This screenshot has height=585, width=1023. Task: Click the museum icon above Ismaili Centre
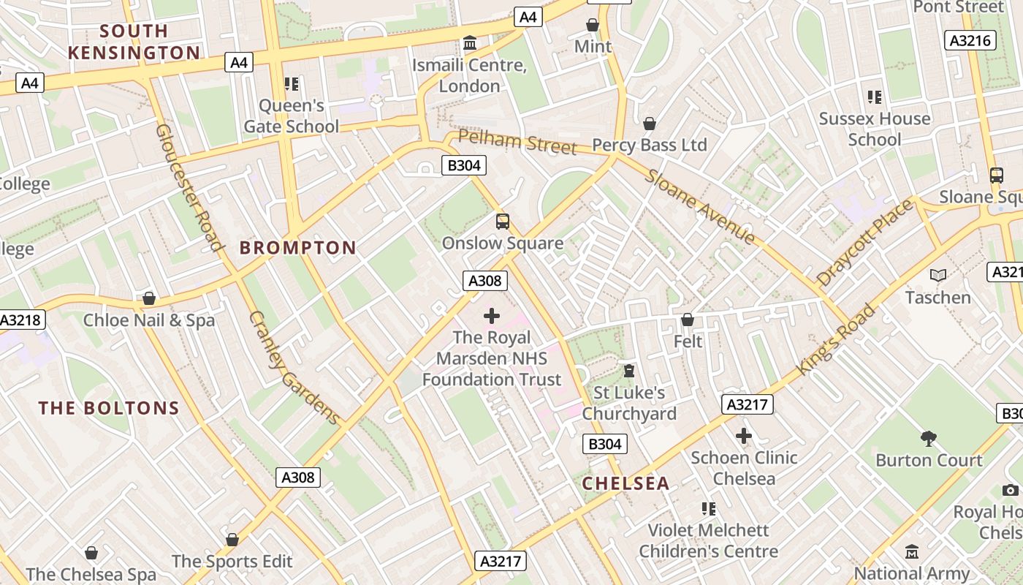pos(470,43)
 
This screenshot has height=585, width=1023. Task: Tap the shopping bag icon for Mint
pos(593,25)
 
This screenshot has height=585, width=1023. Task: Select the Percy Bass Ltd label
pos(649,145)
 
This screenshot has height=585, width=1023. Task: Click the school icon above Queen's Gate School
pos(292,84)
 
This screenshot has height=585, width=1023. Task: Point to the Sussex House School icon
pos(874,97)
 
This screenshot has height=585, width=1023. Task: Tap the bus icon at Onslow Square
pos(503,221)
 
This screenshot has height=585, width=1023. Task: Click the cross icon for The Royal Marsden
pos(492,316)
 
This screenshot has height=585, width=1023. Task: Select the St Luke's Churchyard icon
pos(628,371)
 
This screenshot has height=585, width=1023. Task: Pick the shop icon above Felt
pos(688,320)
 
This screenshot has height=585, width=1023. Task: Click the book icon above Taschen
pos(938,275)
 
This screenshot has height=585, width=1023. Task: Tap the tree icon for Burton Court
pos(929,438)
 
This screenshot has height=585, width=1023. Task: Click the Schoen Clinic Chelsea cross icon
pos(744,436)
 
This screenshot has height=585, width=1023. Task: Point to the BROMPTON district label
pos(298,248)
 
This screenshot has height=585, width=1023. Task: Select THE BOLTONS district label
pos(109,408)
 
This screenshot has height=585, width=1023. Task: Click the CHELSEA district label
pos(625,483)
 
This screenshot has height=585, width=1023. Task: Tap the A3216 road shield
pos(970,40)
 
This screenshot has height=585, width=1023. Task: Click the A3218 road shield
pos(21,320)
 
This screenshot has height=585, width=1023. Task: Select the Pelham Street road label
pos(517,141)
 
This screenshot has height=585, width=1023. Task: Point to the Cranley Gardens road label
pos(294,368)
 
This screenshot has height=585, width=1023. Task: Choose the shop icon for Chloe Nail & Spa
pos(149,298)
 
